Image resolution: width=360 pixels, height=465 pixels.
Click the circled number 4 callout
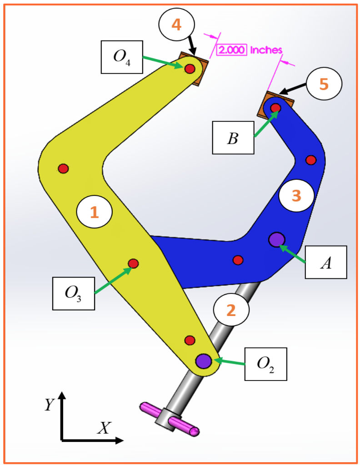[x=176, y=25]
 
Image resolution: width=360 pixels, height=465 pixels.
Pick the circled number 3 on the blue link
[x=296, y=196]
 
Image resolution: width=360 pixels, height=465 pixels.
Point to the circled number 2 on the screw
[x=231, y=310]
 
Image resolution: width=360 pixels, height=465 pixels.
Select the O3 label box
[x=74, y=293]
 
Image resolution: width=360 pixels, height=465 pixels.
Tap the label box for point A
[x=325, y=262]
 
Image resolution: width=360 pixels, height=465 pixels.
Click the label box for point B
[x=233, y=138]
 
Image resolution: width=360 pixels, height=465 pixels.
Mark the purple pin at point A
[x=276, y=239]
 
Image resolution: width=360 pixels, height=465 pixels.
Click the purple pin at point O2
[x=203, y=361]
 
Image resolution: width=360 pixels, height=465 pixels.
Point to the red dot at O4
[x=190, y=69]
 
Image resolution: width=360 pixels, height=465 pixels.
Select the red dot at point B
[x=275, y=108]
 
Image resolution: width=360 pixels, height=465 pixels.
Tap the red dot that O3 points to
[x=133, y=263]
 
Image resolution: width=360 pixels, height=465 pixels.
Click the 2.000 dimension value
[x=232, y=50]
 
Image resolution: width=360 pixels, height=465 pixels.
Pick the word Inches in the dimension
[x=265, y=50]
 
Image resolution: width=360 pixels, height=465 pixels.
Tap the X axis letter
[x=104, y=428]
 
